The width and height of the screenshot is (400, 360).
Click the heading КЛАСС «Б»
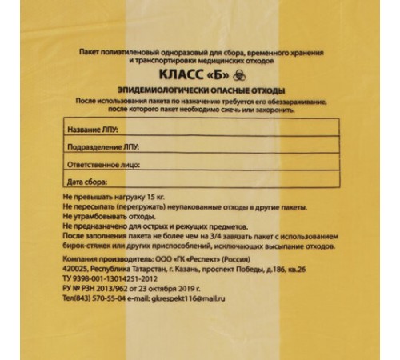coord(194,75)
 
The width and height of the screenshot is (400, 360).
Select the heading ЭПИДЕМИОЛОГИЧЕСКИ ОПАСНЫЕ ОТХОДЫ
coord(200,92)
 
